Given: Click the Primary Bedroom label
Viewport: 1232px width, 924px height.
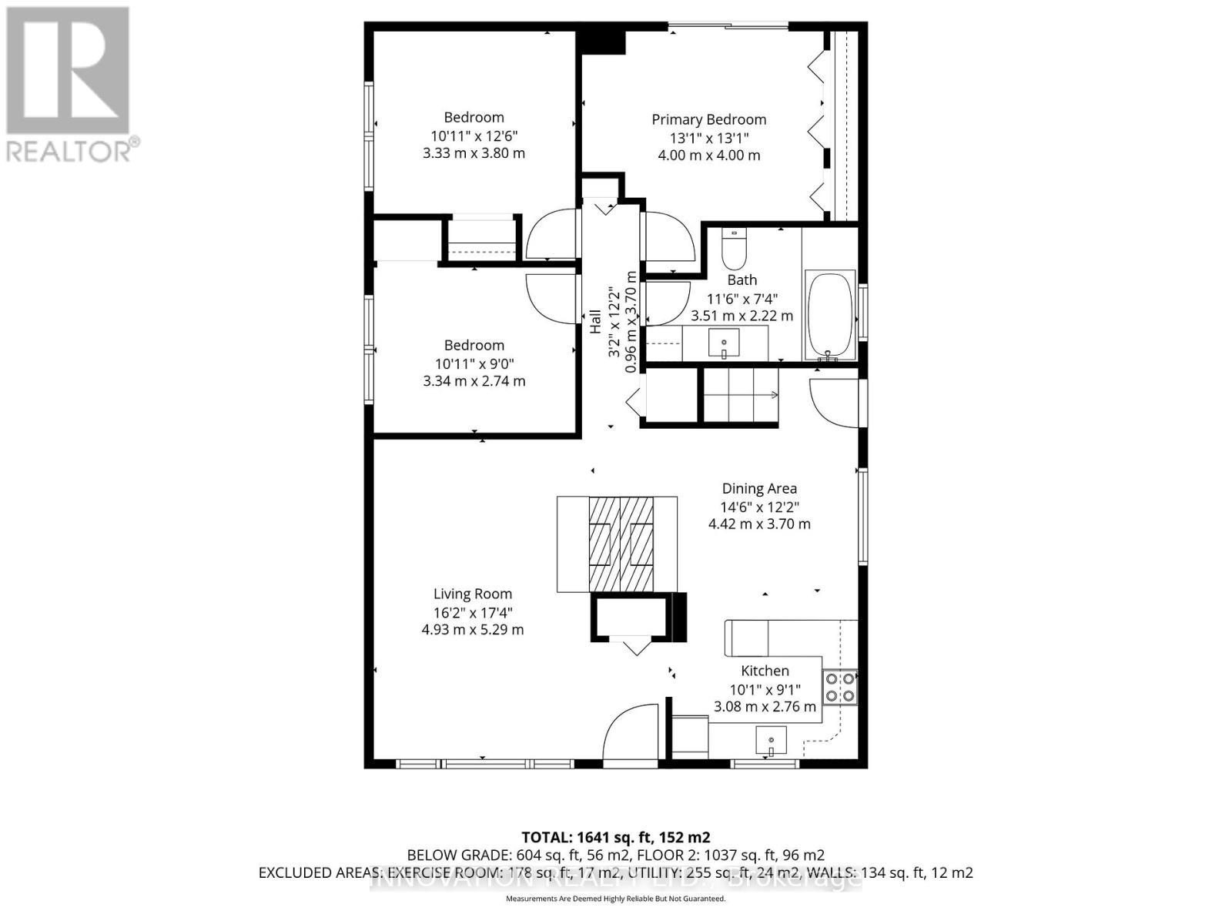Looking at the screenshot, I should (x=708, y=119).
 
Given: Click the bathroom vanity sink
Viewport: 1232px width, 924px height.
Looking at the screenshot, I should (x=724, y=343).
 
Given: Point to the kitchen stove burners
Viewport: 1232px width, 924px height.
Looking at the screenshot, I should (x=839, y=687).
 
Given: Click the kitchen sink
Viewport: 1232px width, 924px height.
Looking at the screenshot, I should (x=771, y=742).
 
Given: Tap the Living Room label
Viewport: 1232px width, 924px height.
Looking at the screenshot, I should (x=472, y=594).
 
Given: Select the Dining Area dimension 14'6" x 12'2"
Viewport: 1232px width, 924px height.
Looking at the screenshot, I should (x=758, y=507).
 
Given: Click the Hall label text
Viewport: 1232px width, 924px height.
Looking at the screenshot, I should (x=595, y=321).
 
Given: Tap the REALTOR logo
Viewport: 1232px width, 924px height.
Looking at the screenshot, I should (x=69, y=85).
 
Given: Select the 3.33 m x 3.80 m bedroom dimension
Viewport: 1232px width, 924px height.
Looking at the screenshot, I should (x=474, y=153).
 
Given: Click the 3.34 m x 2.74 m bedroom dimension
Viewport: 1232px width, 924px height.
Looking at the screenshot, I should (x=474, y=381).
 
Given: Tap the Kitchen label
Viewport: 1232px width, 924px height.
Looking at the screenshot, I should (x=765, y=671).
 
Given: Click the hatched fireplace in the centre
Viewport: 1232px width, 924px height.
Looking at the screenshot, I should (x=621, y=543).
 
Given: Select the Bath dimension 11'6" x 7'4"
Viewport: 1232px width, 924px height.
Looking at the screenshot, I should (x=742, y=298).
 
